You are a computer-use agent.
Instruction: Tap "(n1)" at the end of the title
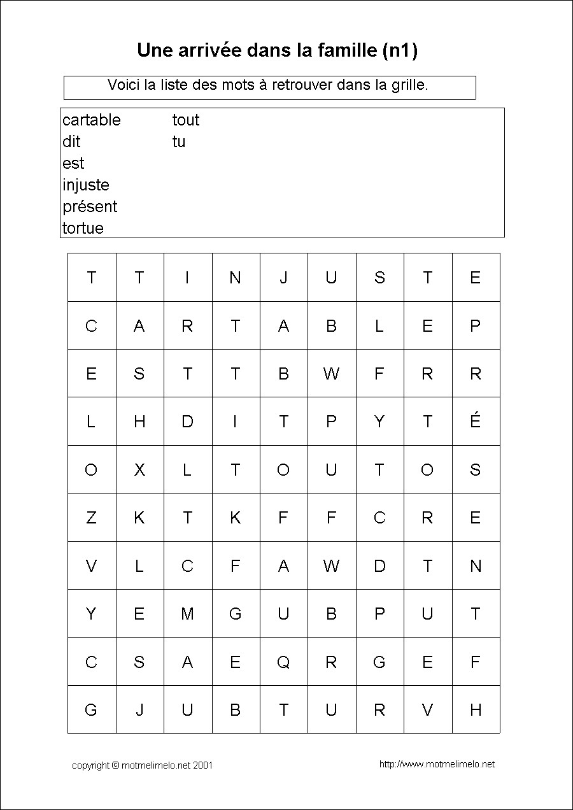pyautogui.click(x=400, y=51)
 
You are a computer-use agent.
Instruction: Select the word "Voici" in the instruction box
pyautogui.click(x=124, y=85)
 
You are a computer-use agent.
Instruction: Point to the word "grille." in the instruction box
pyautogui.click(x=408, y=85)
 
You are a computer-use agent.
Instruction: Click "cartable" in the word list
pyautogui.click(x=91, y=120)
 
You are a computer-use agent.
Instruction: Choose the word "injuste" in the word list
pyautogui.click(x=85, y=185)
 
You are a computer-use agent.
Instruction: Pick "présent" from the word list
pyautogui.click(x=90, y=207)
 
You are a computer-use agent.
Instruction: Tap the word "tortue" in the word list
pyautogui.click(x=83, y=228)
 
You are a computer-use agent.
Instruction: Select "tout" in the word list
pyautogui.click(x=185, y=120)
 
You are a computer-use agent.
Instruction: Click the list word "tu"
pyautogui.click(x=178, y=142)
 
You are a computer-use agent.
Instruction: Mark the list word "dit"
pyautogui.click(x=71, y=142)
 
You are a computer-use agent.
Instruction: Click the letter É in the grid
pyautogui.click(x=475, y=421)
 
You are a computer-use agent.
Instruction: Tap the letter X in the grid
pyautogui.click(x=139, y=470)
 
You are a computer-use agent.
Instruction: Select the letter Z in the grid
pyautogui.click(x=91, y=518)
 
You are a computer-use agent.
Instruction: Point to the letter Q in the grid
pyautogui.click(x=283, y=662)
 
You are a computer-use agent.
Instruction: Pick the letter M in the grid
pyautogui.click(x=187, y=614)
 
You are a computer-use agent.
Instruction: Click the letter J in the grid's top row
pyautogui.click(x=283, y=278)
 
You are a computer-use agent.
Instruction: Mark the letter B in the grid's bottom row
pyautogui.click(x=235, y=710)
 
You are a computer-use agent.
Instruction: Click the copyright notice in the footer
pyautogui.click(x=142, y=765)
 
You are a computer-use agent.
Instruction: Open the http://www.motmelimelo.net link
pyautogui.click(x=437, y=764)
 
